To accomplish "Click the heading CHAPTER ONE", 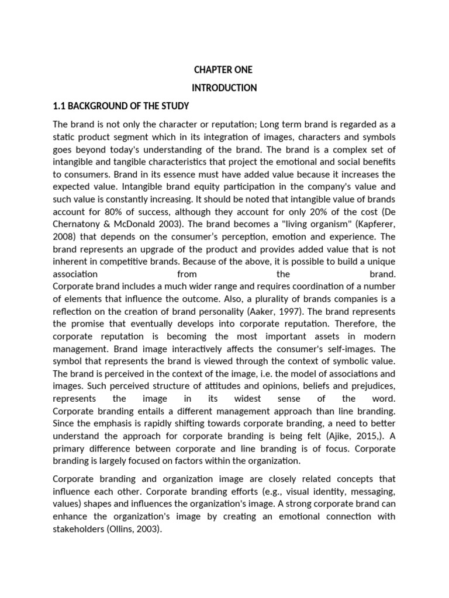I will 223,70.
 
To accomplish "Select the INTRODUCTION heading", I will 224,88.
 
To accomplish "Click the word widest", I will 260,399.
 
